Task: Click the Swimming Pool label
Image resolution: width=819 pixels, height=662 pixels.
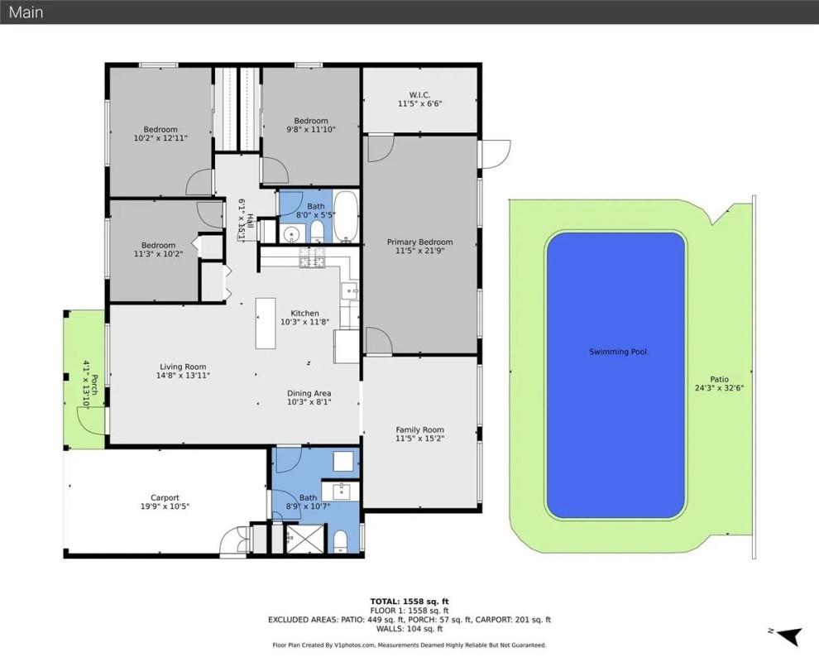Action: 617,352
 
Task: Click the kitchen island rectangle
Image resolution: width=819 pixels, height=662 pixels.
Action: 266,324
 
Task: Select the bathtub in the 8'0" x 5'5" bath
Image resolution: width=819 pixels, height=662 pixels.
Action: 346,216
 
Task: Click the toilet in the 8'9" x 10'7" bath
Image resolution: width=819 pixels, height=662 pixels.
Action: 340,542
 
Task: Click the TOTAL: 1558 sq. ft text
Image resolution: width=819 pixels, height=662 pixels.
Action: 409,601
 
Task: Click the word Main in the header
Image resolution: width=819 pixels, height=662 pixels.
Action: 26,12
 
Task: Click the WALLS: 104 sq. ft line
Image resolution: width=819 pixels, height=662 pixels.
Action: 409,629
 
